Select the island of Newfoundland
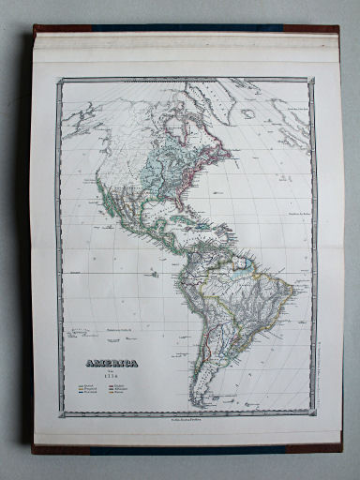pyautogui.click(x=232, y=142)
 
